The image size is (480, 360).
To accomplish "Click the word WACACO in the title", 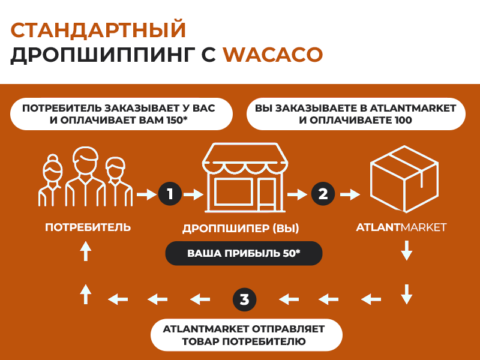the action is pos(273,55).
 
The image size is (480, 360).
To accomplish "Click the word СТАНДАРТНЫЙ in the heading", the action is pos(98,29).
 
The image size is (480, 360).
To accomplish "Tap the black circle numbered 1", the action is pos(170,194).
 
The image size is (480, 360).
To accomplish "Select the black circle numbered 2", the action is pos(323,194).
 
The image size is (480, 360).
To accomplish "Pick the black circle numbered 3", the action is pos(244,299).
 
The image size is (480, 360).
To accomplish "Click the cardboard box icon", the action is pos(404,179).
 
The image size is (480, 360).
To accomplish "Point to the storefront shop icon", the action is pos(245,178).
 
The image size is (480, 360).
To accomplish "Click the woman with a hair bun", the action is pos(52,181).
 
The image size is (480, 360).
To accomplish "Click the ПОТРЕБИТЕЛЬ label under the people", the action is pos(88,227).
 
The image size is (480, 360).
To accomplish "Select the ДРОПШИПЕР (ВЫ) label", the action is pos(241,229).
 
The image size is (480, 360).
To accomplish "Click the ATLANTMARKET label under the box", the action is pos(401,227).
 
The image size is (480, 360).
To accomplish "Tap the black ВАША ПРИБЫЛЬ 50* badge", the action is pos(244,253).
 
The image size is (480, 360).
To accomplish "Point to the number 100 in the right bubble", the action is pos(403,120).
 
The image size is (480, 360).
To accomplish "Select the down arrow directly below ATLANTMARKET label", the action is pos(407,250).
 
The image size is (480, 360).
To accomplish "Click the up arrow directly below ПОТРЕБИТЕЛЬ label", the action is pos(86,251).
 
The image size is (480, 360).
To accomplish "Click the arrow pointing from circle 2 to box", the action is pos(350,194).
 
